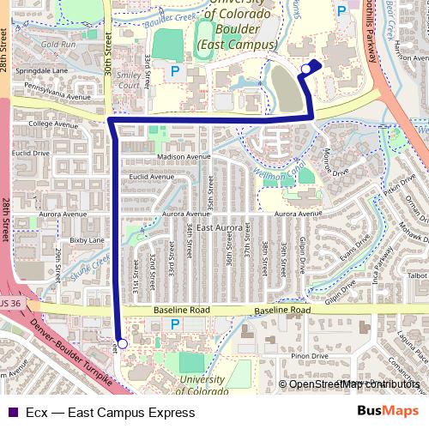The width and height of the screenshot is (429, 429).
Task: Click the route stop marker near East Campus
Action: [306, 69]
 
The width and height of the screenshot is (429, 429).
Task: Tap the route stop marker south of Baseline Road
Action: [122, 343]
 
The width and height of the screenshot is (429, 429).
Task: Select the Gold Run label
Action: [57, 44]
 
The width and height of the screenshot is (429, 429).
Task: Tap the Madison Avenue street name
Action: [184, 158]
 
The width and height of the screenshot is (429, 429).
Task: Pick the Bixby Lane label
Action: [86, 241]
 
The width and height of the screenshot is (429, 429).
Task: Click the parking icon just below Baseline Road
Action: [176, 324]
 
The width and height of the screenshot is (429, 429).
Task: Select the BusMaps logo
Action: [387, 411]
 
